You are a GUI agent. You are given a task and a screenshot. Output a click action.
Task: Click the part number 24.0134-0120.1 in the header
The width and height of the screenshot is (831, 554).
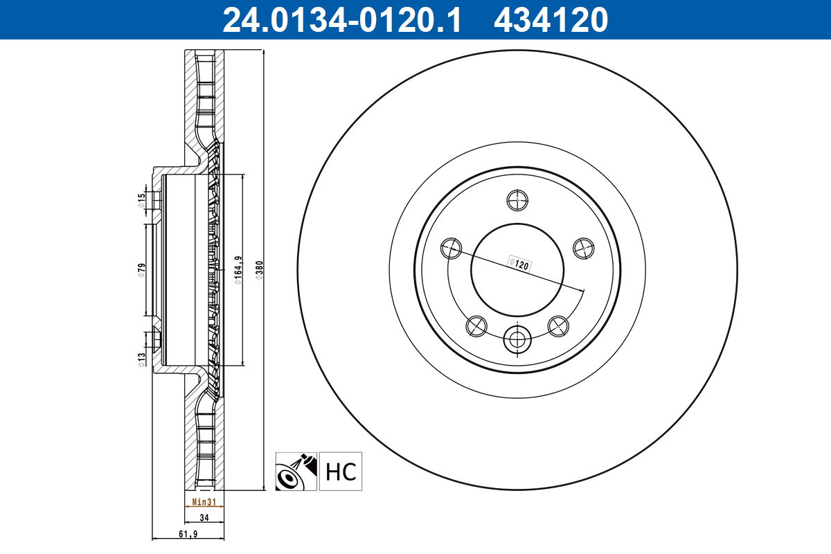pyautogui.click(x=341, y=19)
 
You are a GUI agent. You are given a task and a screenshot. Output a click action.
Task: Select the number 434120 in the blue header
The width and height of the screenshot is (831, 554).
pyautogui.click(x=551, y=19)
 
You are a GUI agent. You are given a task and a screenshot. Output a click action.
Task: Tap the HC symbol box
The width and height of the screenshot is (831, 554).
pyautogui.click(x=341, y=472)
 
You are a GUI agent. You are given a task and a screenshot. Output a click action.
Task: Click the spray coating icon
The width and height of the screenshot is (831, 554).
pyautogui.click(x=296, y=472)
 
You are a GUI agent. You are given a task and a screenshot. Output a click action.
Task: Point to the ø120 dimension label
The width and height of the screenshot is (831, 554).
pyautogui.click(x=519, y=263)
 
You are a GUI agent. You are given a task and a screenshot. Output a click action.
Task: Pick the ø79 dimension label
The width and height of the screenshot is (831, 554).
pyautogui.click(x=141, y=269)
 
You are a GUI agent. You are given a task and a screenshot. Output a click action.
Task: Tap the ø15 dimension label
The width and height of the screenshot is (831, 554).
pyautogui.click(x=141, y=199)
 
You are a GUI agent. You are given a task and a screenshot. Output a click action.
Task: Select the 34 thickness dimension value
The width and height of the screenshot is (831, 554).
pyautogui.click(x=204, y=517)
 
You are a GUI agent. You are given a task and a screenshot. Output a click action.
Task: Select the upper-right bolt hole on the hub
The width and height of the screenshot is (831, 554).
pyautogui.click(x=584, y=247)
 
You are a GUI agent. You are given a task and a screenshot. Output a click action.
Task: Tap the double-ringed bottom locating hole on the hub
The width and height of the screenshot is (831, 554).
pyautogui.click(x=517, y=339)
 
